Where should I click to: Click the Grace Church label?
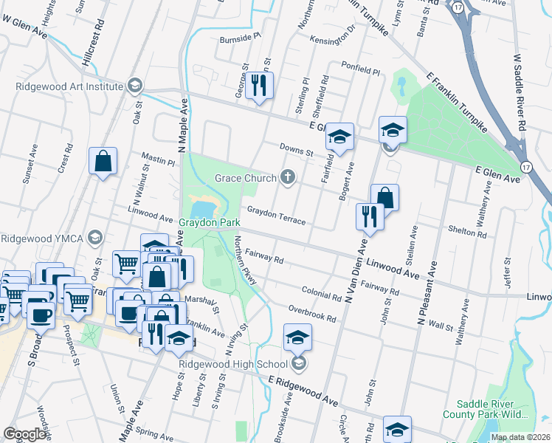coord(244,178)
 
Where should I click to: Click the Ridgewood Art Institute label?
coord(69,86)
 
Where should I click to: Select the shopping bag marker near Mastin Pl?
coord(103,161)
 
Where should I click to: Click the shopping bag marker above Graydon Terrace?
coord(384,197)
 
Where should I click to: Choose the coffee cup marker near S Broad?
coord(40,315)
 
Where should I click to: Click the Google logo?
coord(25,434)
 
